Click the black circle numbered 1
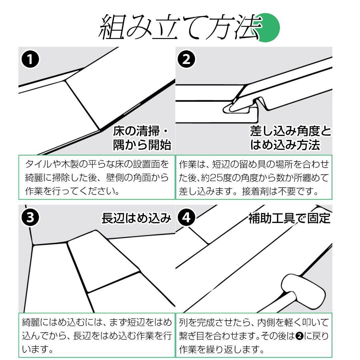coord(30,60)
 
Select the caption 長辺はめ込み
coord(136,219)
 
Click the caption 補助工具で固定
coord(289,219)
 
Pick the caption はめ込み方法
coord(285,145)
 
